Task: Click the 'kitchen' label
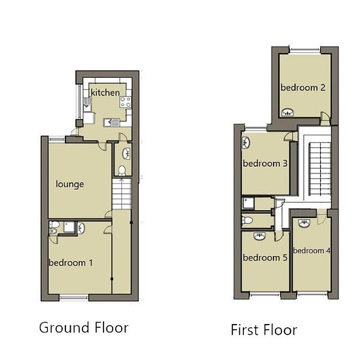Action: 105,92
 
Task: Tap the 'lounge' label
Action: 70,185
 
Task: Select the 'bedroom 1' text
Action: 71,262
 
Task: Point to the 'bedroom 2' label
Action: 303,88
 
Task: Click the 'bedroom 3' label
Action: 265,164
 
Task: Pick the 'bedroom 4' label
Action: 312,251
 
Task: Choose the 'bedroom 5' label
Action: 265,258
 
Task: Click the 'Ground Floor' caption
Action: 84,328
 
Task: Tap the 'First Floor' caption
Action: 264,330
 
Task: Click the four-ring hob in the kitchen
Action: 126,102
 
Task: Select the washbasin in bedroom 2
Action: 288,113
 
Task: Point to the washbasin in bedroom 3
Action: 246,143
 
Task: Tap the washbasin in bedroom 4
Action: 304,223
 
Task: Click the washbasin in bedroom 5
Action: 260,236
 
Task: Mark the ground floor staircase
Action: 122,194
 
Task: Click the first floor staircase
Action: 319,169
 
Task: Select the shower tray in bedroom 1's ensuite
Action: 69,228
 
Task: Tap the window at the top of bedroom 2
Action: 304,50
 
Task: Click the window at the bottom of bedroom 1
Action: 74,298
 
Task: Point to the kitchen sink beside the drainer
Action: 107,122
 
